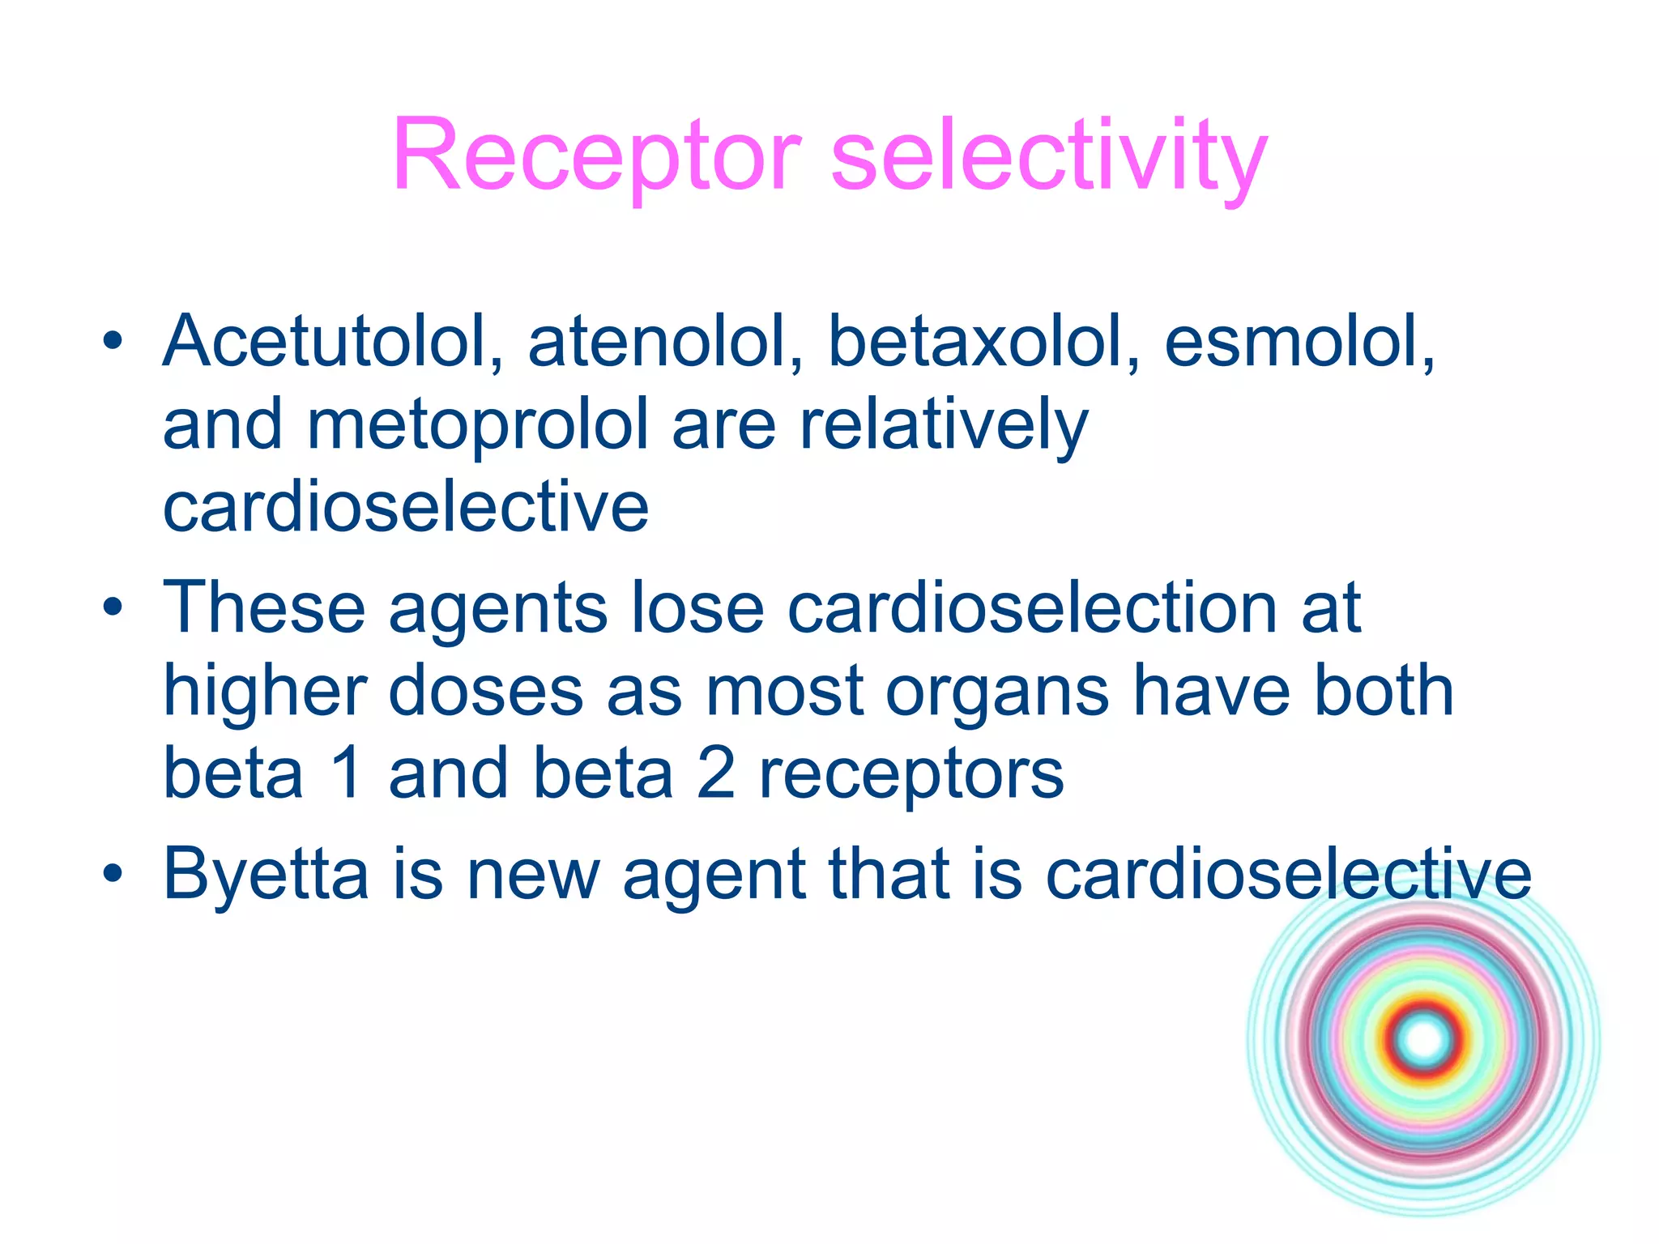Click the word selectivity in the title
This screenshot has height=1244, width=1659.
[x=1048, y=155]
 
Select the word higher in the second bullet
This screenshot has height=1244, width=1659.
[x=264, y=692]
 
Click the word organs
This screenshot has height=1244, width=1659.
[x=996, y=692]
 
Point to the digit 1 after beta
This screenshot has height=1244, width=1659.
[x=347, y=773]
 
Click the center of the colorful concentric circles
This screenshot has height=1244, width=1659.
[x=1424, y=1040]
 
